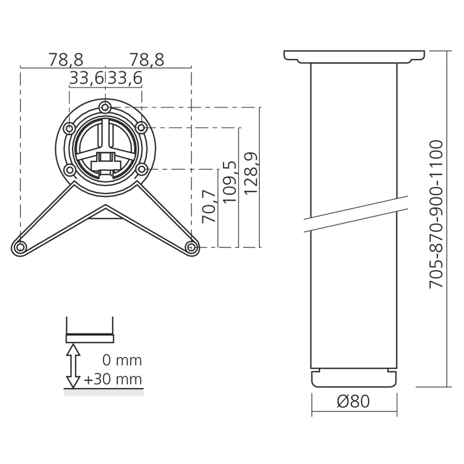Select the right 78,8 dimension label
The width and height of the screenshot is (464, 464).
point(147,60)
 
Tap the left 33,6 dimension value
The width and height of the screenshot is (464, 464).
point(87,79)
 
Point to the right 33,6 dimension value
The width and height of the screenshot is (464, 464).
point(125,79)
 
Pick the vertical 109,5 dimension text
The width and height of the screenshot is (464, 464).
point(231,181)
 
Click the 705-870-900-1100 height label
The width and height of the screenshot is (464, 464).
point(437,214)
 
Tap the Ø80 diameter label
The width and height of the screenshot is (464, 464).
point(354,401)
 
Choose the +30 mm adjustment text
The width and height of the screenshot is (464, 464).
point(113,380)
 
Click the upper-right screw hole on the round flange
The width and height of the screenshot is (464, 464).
point(141,127)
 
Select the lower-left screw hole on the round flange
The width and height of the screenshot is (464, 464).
point(70,170)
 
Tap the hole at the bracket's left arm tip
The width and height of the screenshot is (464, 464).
point(19,247)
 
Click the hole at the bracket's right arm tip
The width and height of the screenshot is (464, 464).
point(191,247)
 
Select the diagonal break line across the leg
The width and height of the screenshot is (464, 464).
point(355,214)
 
